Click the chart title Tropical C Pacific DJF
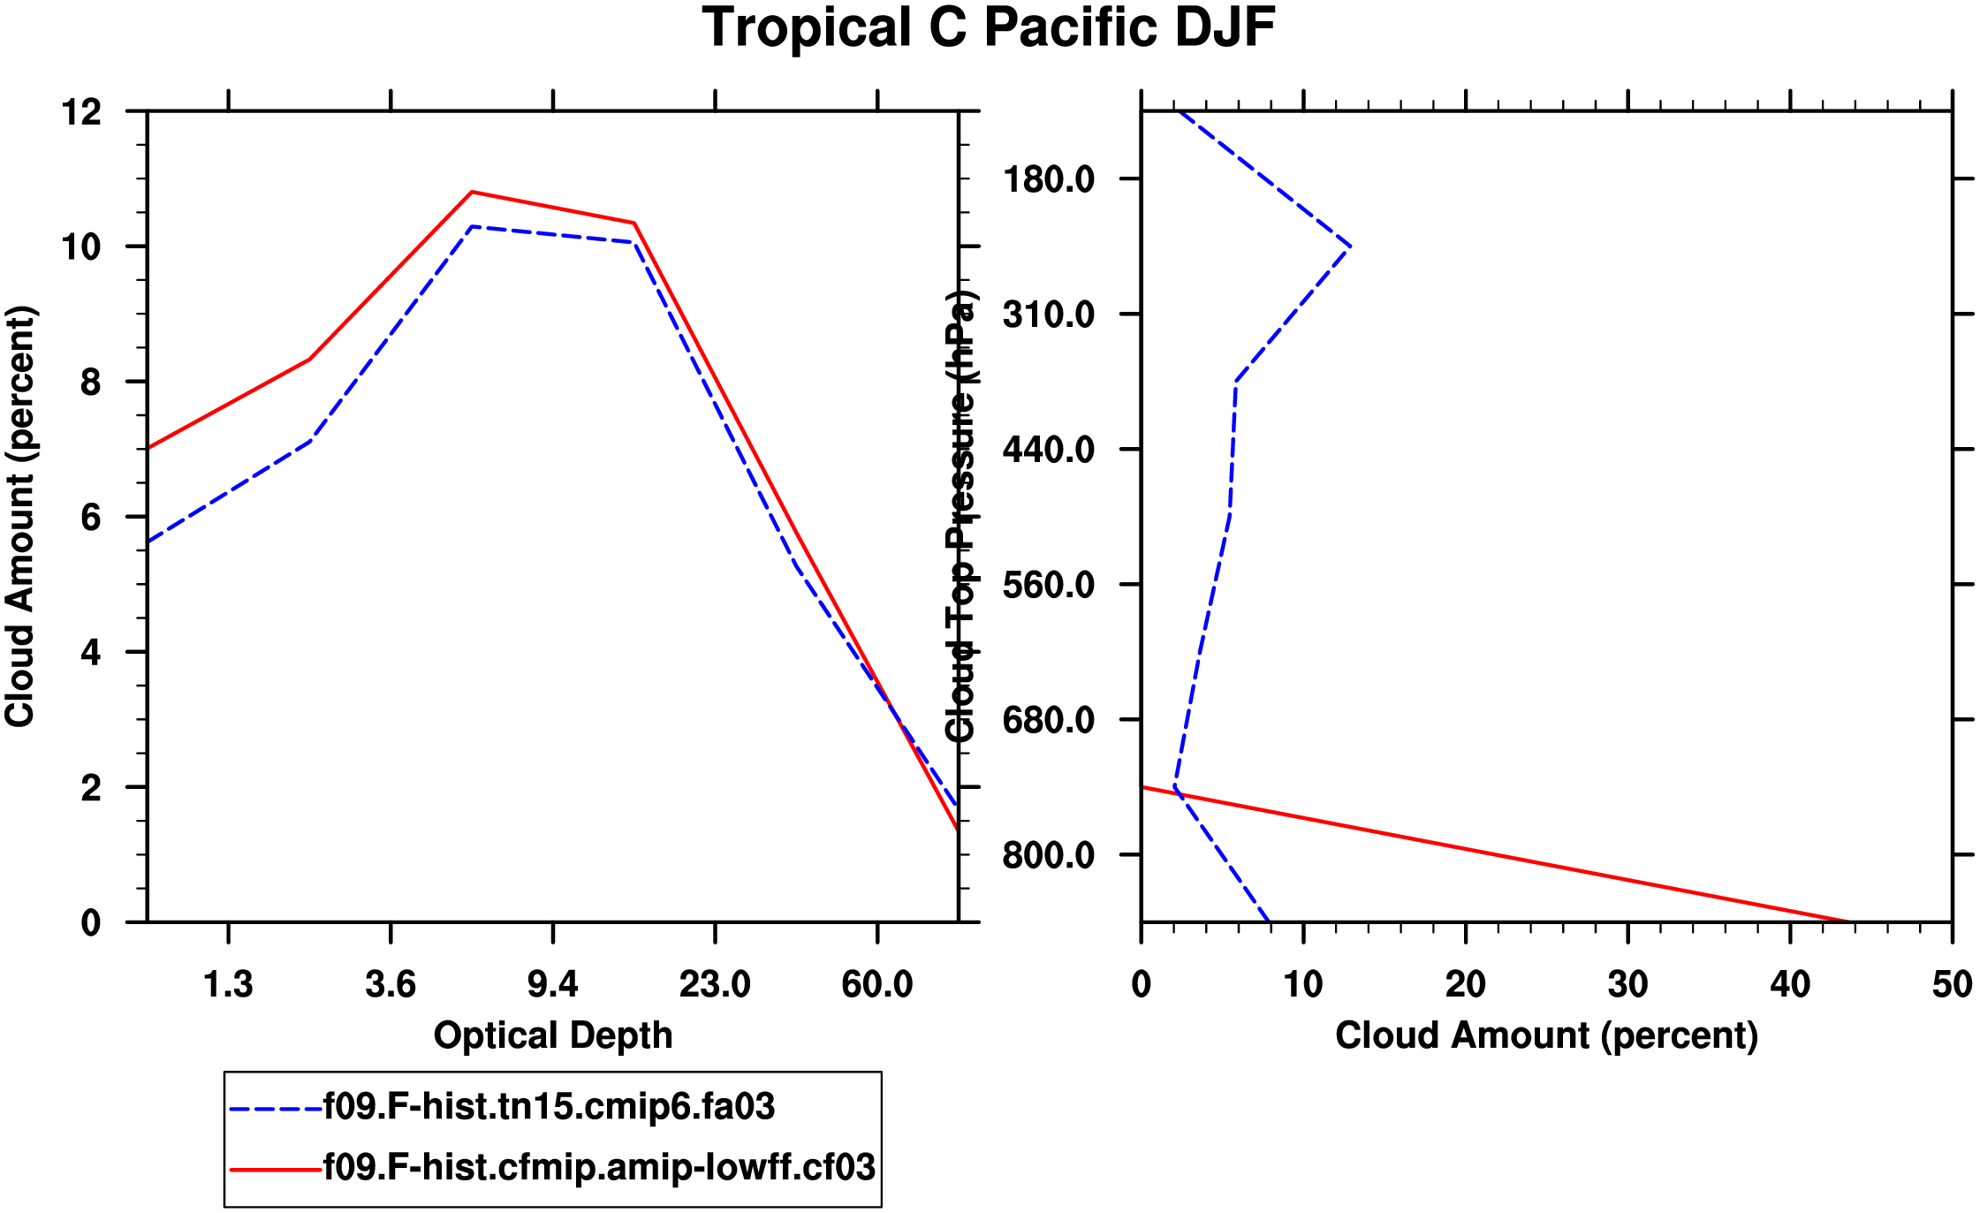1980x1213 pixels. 989,28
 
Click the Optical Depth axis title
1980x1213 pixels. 553,1035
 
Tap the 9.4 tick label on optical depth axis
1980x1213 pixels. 553,984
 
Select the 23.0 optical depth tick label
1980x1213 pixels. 715,984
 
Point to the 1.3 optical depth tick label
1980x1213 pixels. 228,984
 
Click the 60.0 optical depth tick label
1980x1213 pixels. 876,984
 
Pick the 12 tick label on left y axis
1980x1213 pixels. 81,112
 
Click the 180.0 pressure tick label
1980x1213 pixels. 1049,180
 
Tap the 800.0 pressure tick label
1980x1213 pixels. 1049,856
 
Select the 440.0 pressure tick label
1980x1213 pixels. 1049,451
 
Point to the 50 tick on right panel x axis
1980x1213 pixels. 1952,984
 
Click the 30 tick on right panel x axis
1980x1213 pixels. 1627,984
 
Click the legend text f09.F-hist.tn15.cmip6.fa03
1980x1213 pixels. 549,1107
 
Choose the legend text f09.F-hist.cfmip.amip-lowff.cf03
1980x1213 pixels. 599,1168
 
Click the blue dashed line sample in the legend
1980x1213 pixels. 275,1108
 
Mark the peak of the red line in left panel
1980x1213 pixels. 473,192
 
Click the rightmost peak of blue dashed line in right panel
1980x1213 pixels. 1350,246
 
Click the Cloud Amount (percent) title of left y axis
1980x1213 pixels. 19,517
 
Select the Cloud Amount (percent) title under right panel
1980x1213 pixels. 1546,1035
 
